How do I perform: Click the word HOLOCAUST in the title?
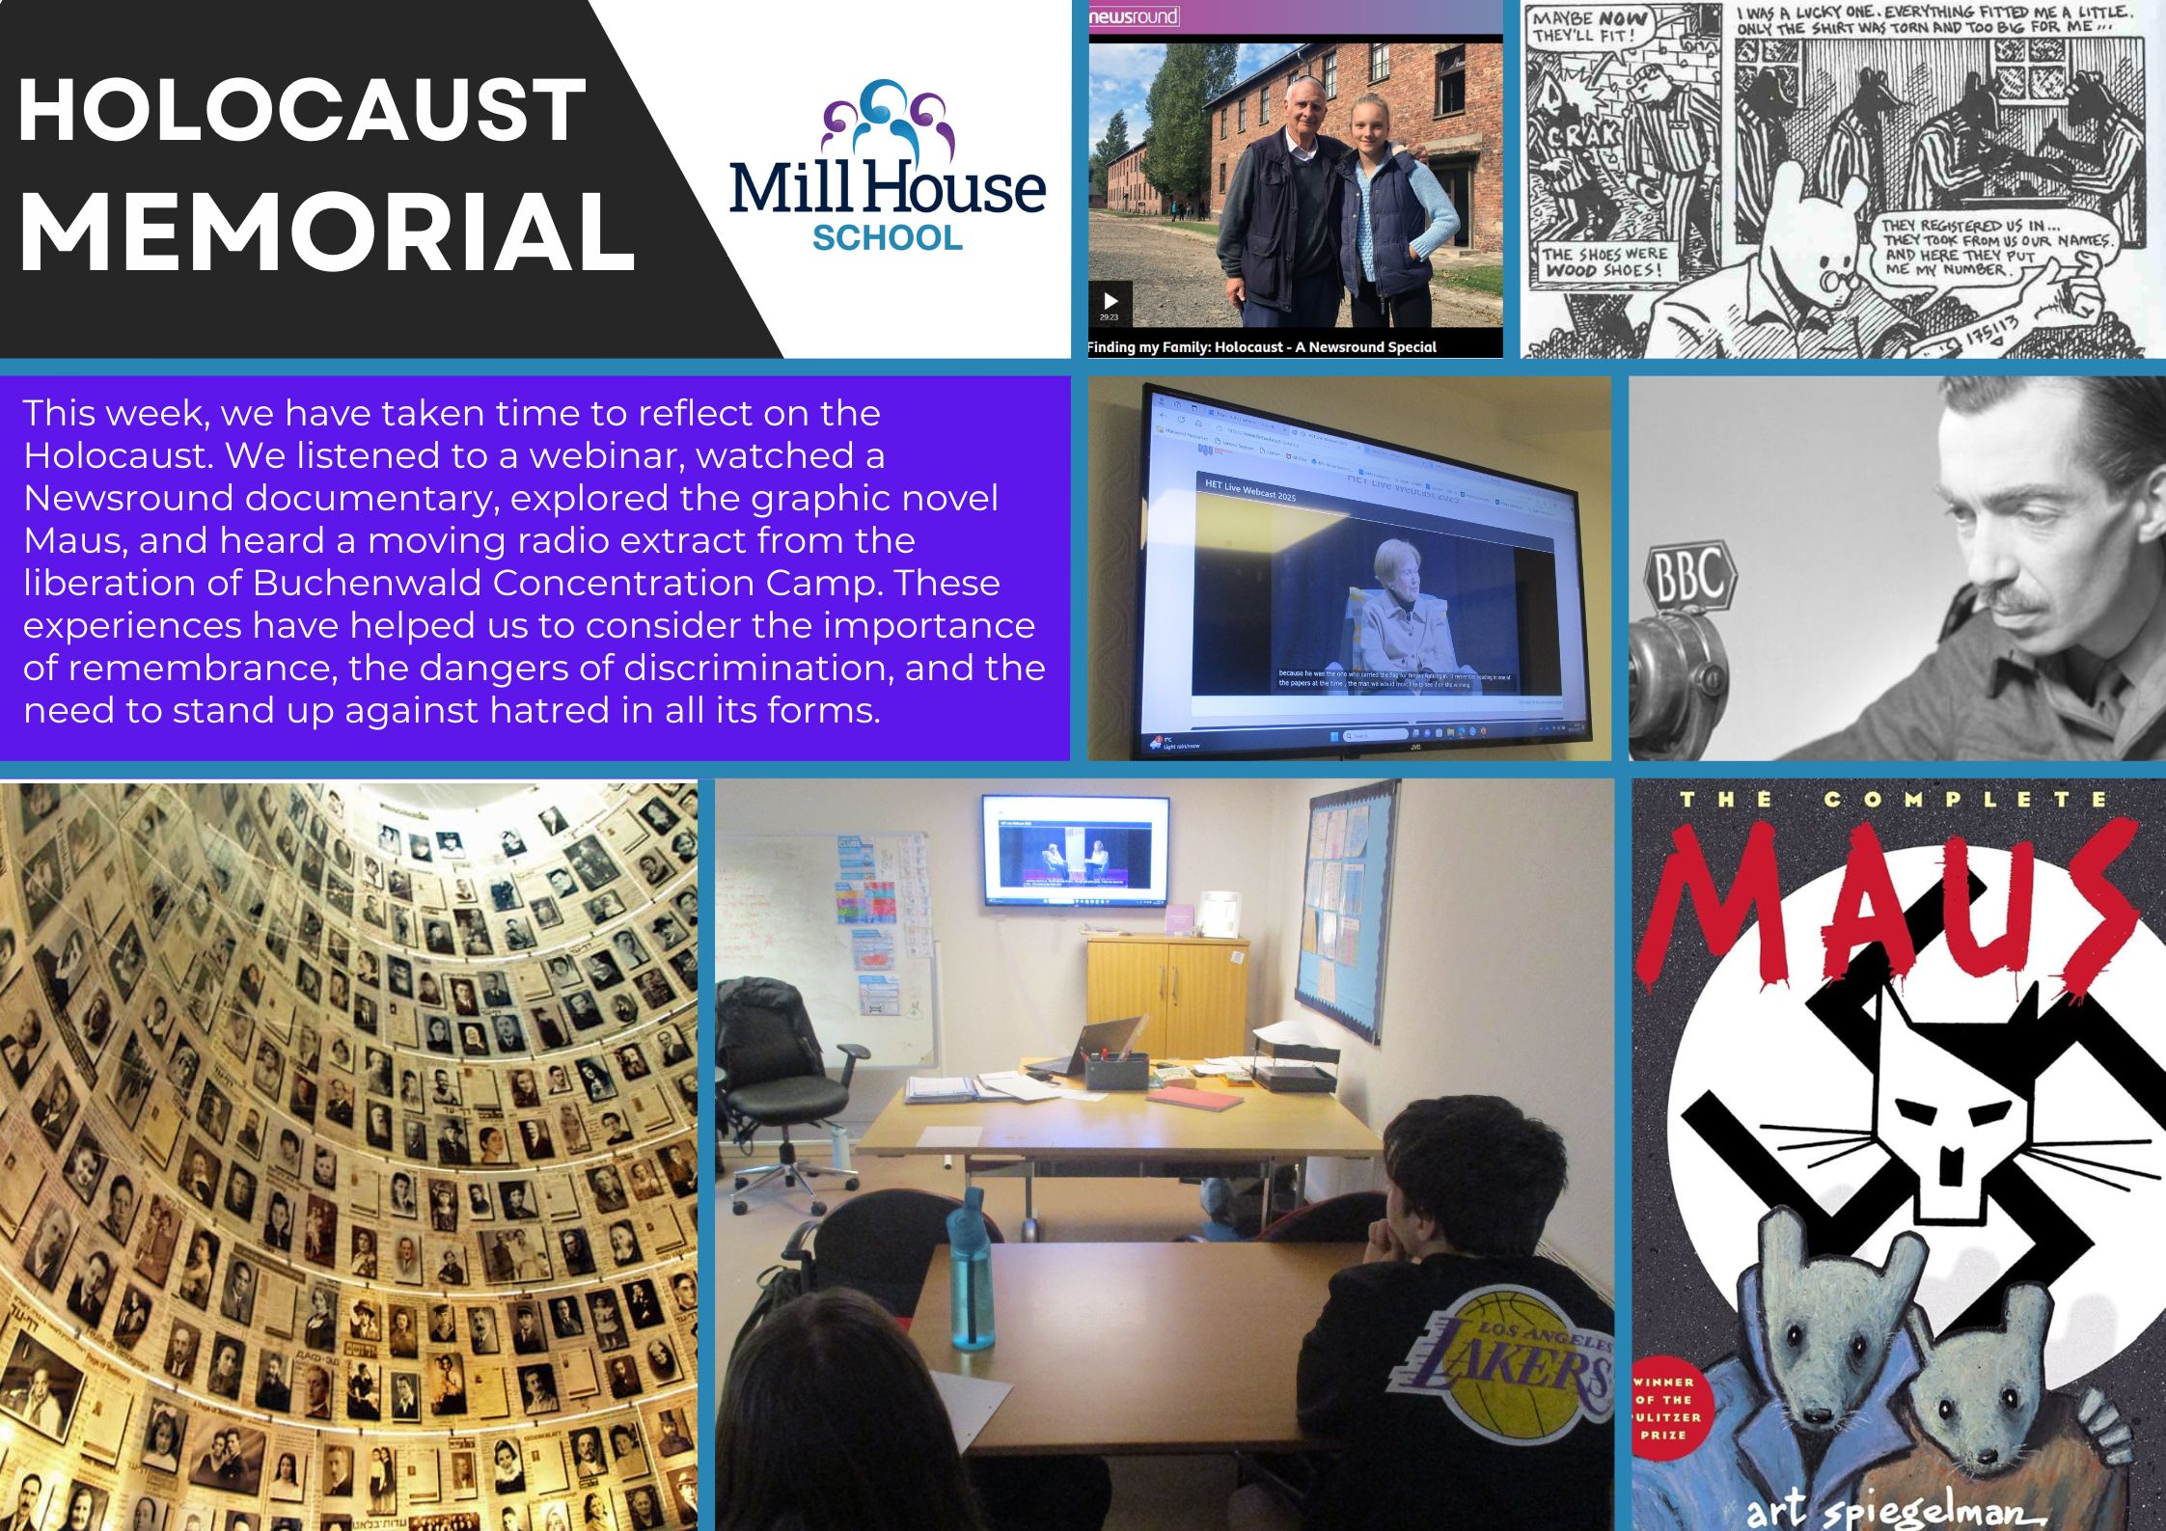(301, 111)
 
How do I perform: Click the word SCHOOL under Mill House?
(887, 237)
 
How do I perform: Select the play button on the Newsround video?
(1110, 300)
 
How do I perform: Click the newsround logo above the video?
(1134, 16)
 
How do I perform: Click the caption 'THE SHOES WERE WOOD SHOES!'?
(1604, 261)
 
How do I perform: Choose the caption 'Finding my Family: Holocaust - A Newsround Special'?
(1262, 346)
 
